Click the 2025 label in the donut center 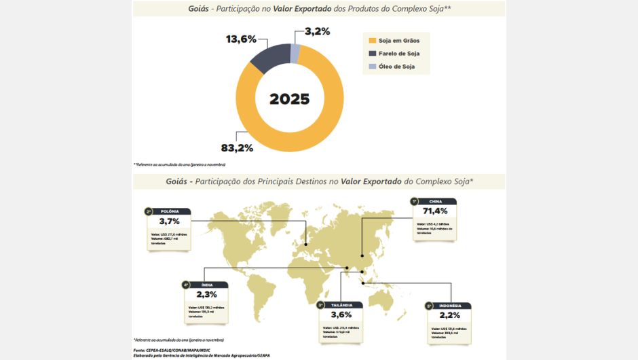click(289, 99)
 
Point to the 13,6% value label click(242, 39)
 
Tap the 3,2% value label click(317, 31)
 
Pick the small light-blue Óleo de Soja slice click(295, 52)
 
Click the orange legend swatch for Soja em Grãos click(372, 40)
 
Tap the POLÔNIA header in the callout click(170, 211)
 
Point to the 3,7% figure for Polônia click(169, 221)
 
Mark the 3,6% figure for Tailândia click(342, 315)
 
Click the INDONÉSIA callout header click(450, 306)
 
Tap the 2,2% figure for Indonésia click(449, 316)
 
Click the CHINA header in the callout click(436, 202)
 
